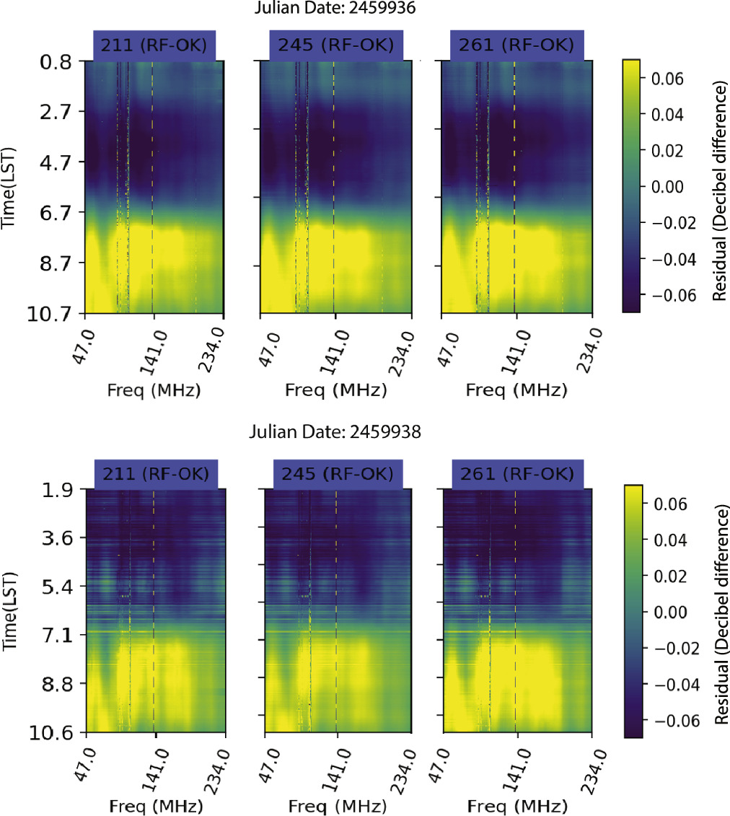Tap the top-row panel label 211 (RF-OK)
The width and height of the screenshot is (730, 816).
point(154,46)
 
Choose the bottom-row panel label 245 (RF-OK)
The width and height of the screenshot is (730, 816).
point(335,474)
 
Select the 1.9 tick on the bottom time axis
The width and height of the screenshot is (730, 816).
point(53,490)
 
